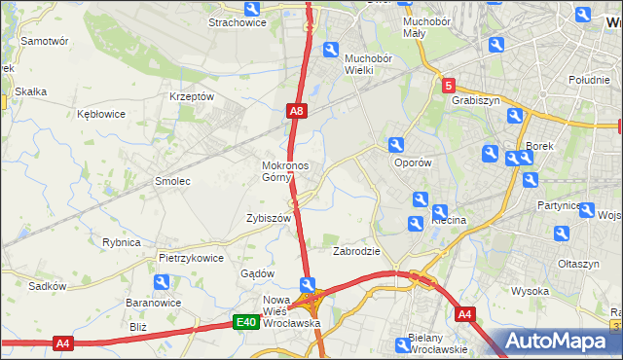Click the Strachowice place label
tap(238, 21)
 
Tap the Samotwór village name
tap(44, 42)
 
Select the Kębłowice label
tap(101, 114)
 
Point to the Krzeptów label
tap(191, 96)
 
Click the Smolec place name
tap(172, 181)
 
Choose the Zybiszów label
tap(269, 219)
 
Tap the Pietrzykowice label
tap(191, 259)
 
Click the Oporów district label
tap(411, 162)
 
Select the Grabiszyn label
tap(475, 98)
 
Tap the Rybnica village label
tap(122, 242)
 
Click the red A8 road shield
tap(297, 113)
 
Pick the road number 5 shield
tap(448, 86)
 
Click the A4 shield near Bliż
tap(63, 342)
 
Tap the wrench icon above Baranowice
tap(161, 282)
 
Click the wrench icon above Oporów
tap(396, 145)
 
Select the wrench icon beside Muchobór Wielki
tap(331, 51)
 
